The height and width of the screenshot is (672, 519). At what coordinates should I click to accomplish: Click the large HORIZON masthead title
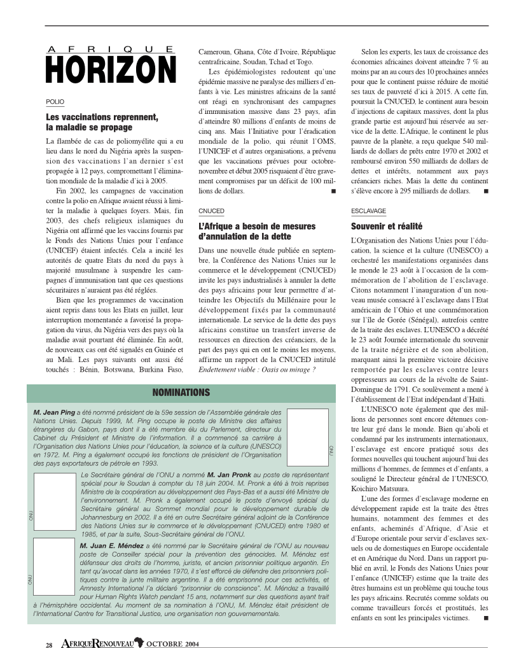click(x=111, y=69)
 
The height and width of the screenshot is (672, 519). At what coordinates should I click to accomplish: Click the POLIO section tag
click(x=55, y=102)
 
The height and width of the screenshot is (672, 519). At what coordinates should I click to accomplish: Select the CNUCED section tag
click(x=211, y=210)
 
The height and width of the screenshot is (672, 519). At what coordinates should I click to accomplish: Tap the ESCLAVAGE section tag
click(x=368, y=211)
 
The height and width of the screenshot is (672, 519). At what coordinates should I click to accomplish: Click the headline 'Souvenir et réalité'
click(x=387, y=226)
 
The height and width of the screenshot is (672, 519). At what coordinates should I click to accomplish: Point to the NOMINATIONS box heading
click(x=181, y=393)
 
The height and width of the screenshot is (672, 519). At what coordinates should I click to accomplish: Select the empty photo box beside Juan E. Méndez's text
click(x=55, y=572)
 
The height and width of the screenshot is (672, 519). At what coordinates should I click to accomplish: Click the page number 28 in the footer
click(x=49, y=645)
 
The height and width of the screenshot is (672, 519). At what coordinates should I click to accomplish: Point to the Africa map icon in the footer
click(x=139, y=644)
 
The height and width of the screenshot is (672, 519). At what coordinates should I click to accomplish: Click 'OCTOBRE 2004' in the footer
click(x=173, y=645)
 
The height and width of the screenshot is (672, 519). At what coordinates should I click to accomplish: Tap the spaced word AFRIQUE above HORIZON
click(x=111, y=49)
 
